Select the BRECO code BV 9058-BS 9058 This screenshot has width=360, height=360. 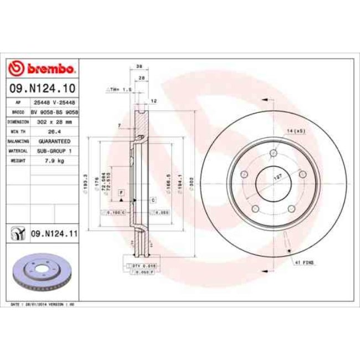coord(54,111)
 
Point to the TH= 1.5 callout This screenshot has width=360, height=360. coord(121,89)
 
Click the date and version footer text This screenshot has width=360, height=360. coord(43,304)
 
